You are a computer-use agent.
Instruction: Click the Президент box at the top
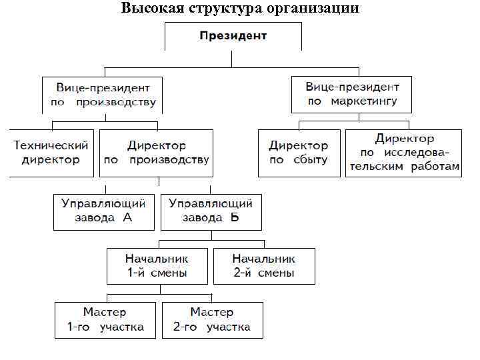pyautogui.click(x=232, y=35)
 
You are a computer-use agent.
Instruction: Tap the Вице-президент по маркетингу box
pyautogui.click(x=352, y=94)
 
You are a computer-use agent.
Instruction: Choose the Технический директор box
pyautogui.click(x=51, y=153)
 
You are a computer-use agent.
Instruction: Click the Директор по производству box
pyautogui.click(x=157, y=153)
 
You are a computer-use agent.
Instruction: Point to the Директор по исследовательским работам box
pyautogui.click(x=403, y=153)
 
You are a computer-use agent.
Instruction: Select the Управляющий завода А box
pyautogui.click(x=104, y=211)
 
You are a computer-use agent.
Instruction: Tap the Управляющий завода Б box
pyautogui.click(x=211, y=211)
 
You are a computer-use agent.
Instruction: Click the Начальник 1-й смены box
pyautogui.click(x=157, y=265)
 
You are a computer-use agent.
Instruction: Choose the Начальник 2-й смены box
pyautogui.click(x=264, y=265)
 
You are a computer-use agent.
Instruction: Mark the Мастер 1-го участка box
pyautogui.click(x=105, y=319)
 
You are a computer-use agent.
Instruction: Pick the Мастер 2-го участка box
pyautogui.click(x=212, y=319)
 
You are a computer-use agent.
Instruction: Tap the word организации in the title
pyautogui.click(x=314, y=9)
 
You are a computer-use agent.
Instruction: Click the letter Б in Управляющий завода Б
pyautogui.click(x=235, y=218)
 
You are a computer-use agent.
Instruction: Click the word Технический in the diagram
pyautogui.click(x=51, y=145)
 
